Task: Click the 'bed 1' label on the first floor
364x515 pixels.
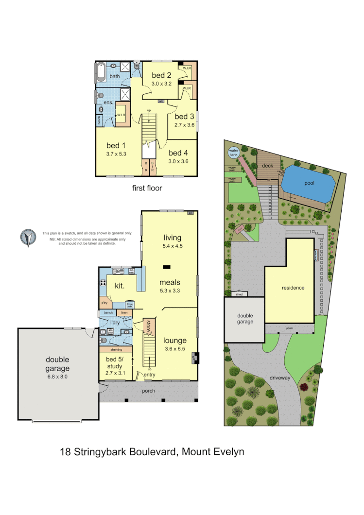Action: (x=116, y=145)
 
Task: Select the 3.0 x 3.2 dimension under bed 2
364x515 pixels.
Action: (x=161, y=83)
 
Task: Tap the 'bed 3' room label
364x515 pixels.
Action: (x=184, y=117)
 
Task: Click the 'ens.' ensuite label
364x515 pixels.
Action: (x=108, y=103)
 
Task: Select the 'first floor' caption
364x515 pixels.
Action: (x=147, y=188)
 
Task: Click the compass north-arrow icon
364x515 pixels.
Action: (x=28, y=238)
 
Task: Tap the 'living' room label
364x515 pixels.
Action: (x=172, y=238)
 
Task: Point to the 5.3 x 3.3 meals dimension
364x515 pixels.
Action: (x=170, y=291)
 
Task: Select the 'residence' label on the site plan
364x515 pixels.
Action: (x=293, y=288)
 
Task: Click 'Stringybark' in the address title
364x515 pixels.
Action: (x=101, y=452)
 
